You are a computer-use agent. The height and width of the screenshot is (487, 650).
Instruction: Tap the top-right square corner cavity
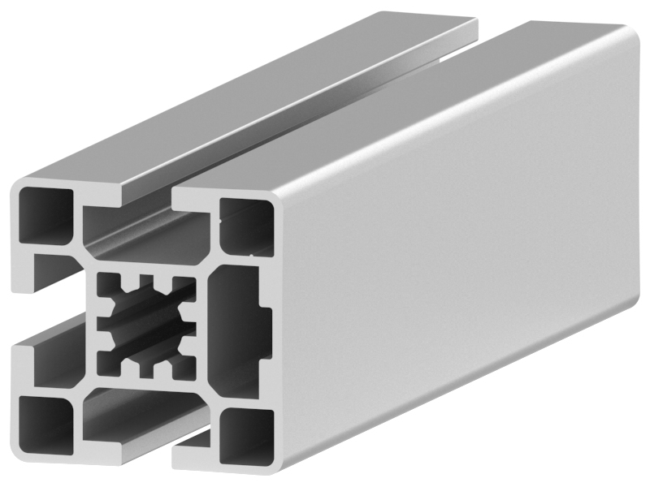(245, 224)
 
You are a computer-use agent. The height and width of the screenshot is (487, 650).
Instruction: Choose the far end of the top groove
(471, 28)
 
